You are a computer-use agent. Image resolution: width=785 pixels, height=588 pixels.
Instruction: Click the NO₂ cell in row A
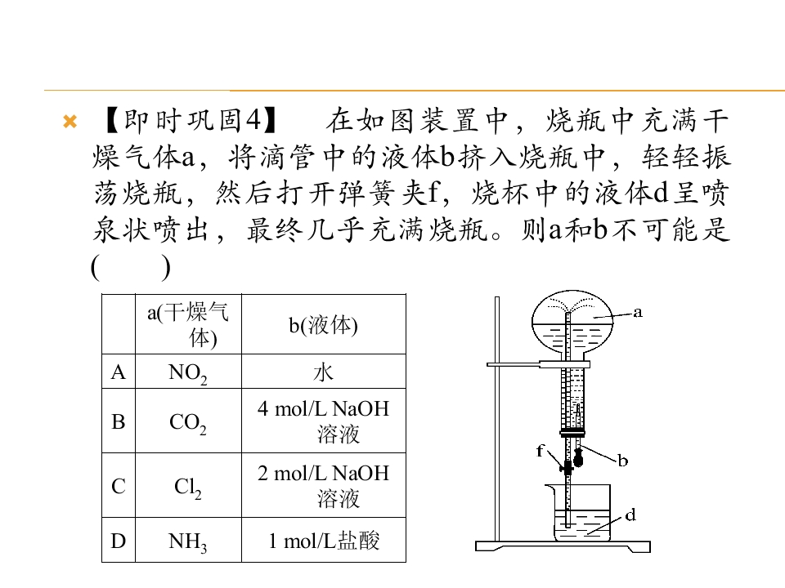pyautogui.click(x=188, y=372)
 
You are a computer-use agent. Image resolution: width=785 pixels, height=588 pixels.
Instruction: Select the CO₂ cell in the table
pyautogui.click(x=188, y=422)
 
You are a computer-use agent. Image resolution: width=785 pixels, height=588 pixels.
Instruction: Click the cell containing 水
pyautogui.click(x=323, y=372)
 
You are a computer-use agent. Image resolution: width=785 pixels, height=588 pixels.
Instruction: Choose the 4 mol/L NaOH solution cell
pyautogui.click(x=324, y=421)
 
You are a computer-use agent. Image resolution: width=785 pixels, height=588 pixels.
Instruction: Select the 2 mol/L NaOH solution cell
pyautogui.click(x=324, y=485)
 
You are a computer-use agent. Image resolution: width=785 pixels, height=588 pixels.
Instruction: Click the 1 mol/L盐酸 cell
pyautogui.click(x=324, y=541)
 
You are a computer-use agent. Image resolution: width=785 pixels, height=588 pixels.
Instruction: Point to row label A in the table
pyautogui.click(x=118, y=372)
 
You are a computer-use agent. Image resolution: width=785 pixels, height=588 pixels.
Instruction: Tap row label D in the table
pyautogui.click(x=118, y=541)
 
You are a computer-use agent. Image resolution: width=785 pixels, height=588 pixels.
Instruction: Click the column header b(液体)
pyautogui.click(x=323, y=325)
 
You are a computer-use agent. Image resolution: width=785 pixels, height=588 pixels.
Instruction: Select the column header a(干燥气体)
pyautogui.click(x=188, y=324)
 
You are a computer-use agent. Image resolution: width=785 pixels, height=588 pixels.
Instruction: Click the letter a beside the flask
pyautogui.click(x=637, y=313)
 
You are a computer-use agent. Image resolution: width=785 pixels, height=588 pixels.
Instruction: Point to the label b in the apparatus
pyautogui.click(x=622, y=460)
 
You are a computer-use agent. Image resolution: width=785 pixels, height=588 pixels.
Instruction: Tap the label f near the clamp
pyautogui.click(x=540, y=451)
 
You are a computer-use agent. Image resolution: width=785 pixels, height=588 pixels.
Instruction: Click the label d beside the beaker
pyautogui.click(x=630, y=514)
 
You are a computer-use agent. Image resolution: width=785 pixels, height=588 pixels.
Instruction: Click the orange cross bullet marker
pyautogui.click(x=70, y=122)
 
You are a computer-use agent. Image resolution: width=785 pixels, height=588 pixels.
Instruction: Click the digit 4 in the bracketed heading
pyautogui.click(x=253, y=120)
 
